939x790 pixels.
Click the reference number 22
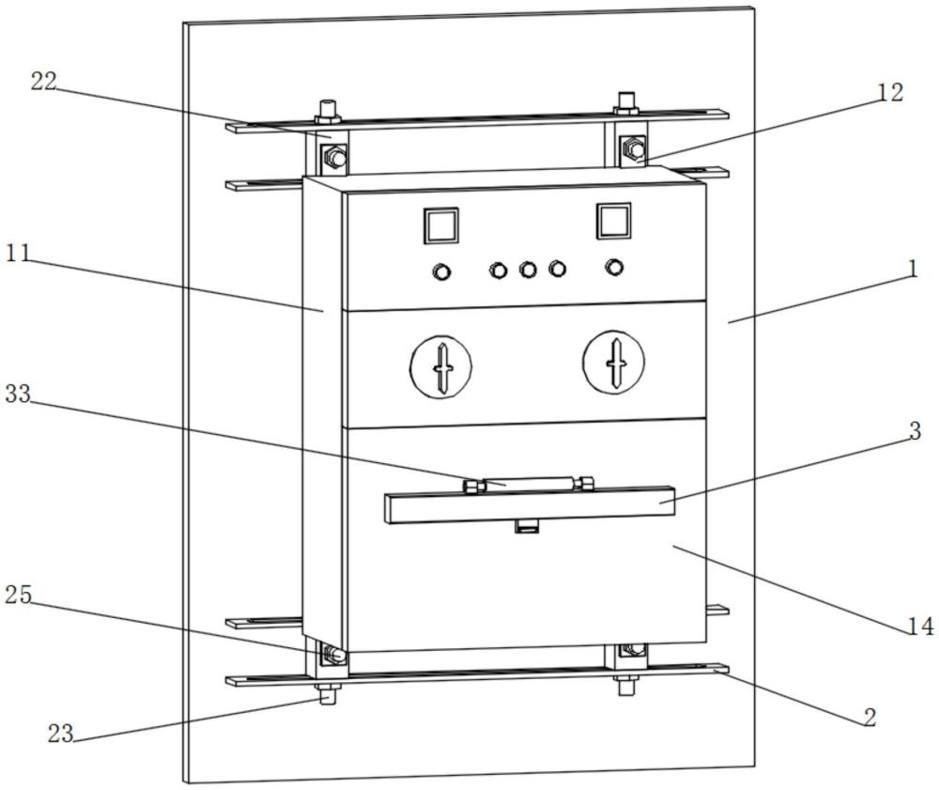pos(44,82)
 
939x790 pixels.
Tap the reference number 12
pos(890,92)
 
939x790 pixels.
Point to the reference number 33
pos(18,395)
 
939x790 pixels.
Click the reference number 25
pos(18,595)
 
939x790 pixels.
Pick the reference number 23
pos(60,733)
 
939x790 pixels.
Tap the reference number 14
pos(921,626)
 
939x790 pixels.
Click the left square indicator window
pos(441,225)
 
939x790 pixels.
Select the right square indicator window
pos(613,221)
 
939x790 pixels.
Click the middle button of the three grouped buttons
pos(528,270)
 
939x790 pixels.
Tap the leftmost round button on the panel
pos(441,272)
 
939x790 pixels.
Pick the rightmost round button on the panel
pos(614,267)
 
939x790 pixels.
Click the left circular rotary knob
pos(440,367)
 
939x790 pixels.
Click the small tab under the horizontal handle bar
pos(528,526)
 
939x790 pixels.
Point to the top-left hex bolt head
pos(335,158)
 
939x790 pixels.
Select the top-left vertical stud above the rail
pos(328,111)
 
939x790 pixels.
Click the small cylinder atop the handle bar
pos(528,483)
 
